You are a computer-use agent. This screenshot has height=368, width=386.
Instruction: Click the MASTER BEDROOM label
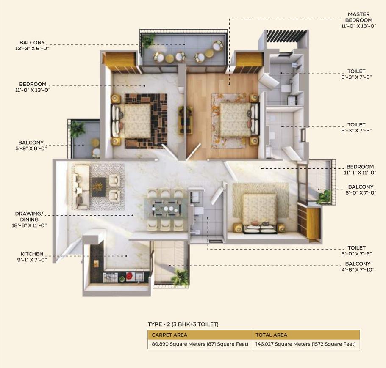tap(359, 17)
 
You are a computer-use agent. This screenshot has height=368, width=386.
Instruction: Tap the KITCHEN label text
tap(32, 254)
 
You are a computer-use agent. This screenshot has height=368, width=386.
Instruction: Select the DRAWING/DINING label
tap(29, 217)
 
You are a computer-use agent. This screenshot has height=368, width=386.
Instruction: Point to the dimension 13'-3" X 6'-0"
tap(32, 48)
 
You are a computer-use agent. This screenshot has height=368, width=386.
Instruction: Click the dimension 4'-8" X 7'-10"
tap(358, 269)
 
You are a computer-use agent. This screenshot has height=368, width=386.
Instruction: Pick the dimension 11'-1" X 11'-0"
tap(360, 173)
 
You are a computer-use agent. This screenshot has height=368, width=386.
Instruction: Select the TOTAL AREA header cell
tap(306, 335)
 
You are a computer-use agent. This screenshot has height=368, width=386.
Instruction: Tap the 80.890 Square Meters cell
tap(200, 344)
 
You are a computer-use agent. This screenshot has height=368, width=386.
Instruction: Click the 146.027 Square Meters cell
tap(306, 344)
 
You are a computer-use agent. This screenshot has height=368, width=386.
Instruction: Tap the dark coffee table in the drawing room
tap(99, 187)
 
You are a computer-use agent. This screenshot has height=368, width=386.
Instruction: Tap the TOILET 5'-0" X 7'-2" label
tap(356, 250)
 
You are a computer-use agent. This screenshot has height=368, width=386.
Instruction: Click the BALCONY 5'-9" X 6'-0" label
tap(31, 145)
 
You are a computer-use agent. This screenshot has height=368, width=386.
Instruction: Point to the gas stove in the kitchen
tap(110, 277)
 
